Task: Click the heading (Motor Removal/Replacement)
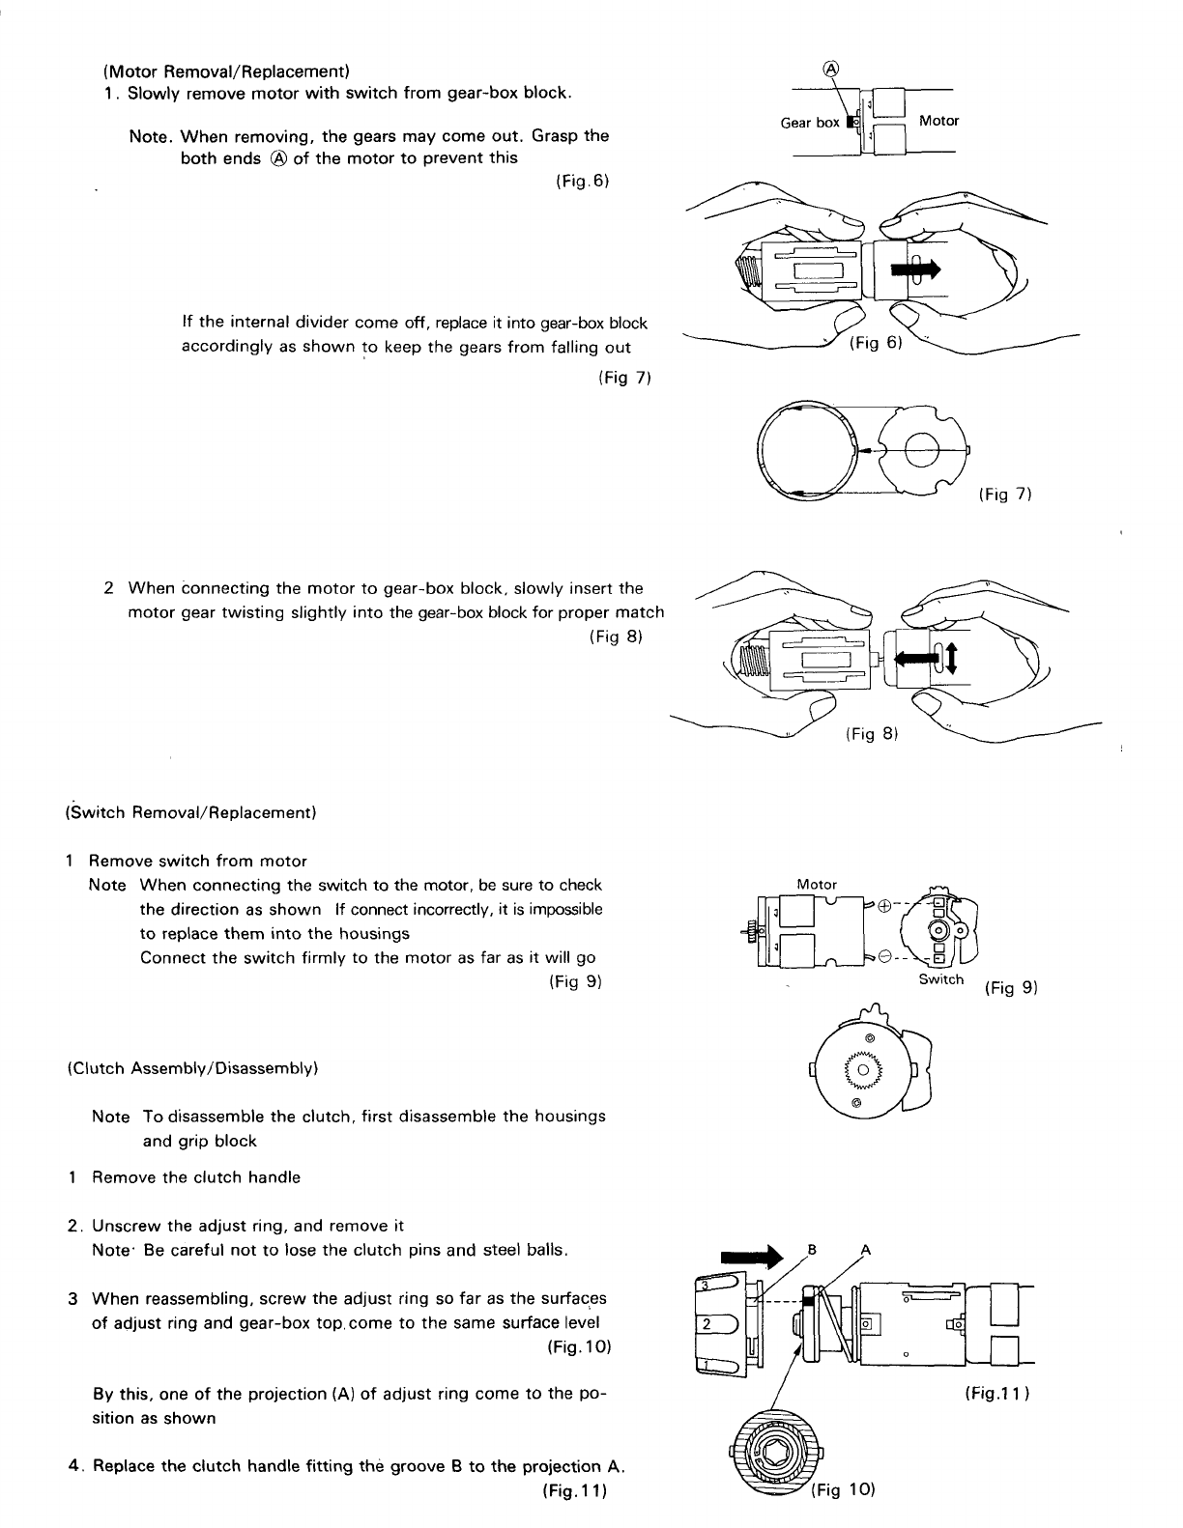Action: tap(225, 71)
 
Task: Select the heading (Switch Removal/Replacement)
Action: tap(190, 812)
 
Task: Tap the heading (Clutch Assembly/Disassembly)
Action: tap(192, 1068)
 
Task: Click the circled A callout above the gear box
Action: tap(829, 68)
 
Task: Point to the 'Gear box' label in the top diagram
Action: tap(810, 123)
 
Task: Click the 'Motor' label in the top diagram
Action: tap(938, 121)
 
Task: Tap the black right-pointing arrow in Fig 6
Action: tap(914, 269)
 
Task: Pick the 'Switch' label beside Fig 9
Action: tap(940, 979)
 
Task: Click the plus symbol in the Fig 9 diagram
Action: tap(884, 906)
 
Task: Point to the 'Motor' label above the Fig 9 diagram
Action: tap(817, 884)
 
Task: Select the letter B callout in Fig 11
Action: tap(812, 1249)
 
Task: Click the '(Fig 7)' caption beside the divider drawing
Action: tap(1006, 495)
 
